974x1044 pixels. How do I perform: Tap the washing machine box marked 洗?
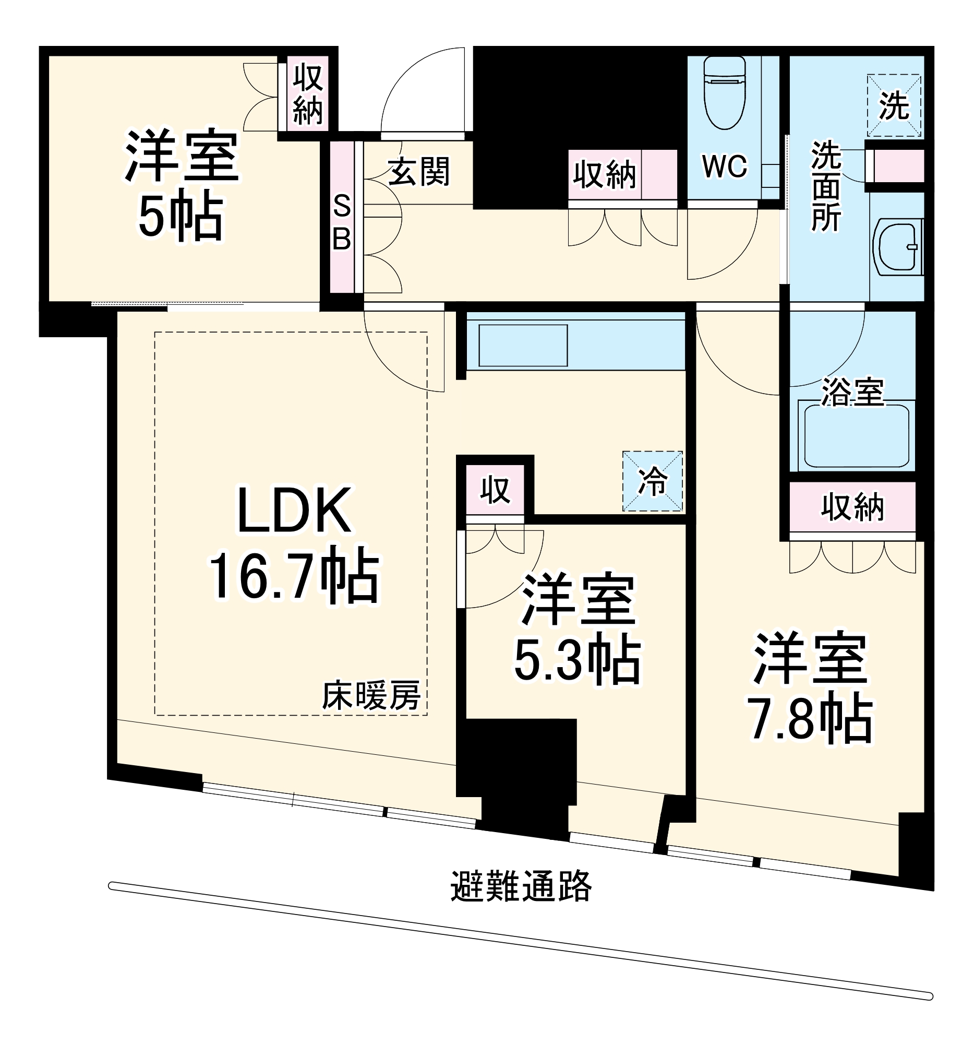(x=894, y=105)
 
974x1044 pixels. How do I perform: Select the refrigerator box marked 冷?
(x=652, y=481)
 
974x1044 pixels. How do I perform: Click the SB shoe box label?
(x=342, y=223)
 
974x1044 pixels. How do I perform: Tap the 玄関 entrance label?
(x=418, y=172)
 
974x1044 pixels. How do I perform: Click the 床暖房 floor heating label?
(x=371, y=695)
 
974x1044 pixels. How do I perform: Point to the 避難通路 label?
(x=521, y=886)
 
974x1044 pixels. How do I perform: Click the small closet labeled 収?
(x=495, y=490)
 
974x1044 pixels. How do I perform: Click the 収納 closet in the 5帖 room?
(x=307, y=94)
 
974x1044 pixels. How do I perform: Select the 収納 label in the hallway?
(x=605, y=175)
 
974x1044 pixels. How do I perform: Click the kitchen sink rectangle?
(x=523, y=345)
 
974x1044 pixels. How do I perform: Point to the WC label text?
(x=724, y=167)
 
